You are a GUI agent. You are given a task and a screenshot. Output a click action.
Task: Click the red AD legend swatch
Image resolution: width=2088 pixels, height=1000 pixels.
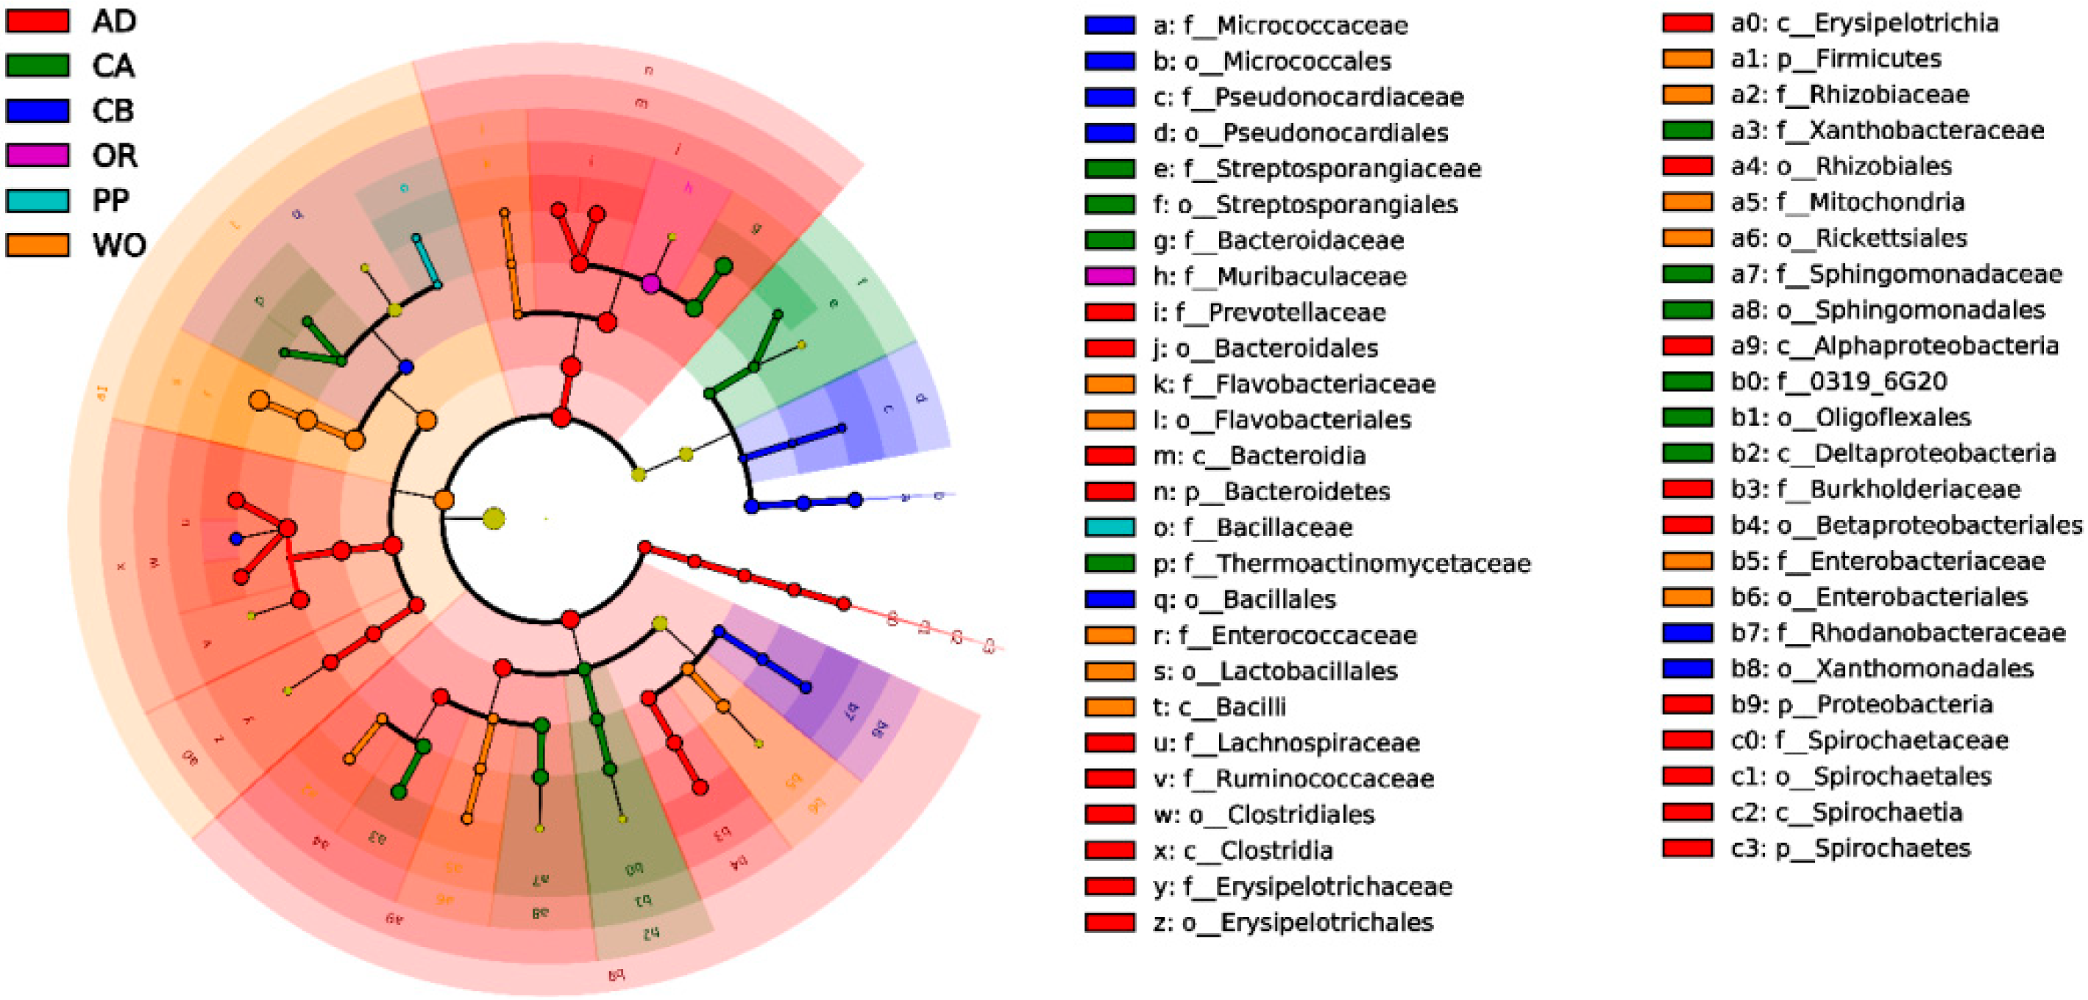[38, 21]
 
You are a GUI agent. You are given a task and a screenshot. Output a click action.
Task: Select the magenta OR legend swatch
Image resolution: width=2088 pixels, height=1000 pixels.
[38, 155]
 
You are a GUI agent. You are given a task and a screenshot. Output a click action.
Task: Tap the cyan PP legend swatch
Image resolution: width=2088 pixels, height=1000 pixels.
[38, 199]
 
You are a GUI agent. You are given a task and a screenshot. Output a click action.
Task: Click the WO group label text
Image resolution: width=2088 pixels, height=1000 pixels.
[118, 245]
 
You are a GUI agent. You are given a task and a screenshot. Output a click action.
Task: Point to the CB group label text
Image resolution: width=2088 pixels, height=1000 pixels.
[113, 111]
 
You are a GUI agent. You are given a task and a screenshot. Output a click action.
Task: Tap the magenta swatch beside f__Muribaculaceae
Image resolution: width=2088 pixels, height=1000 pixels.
[1109, 276]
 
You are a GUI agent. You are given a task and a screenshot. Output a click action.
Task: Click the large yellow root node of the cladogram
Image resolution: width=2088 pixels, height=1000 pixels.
[494, 518]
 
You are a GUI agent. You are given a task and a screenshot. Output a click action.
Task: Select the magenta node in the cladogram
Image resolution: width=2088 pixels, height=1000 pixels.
[651, 284]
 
